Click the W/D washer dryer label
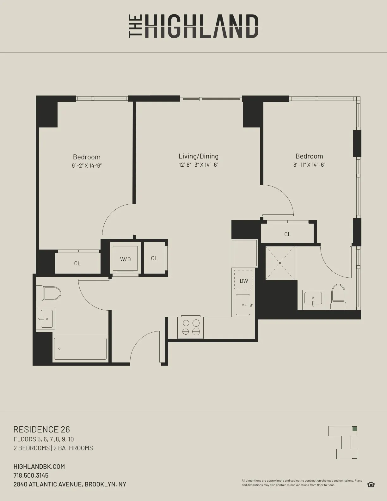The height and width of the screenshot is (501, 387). click(x=125, y=259)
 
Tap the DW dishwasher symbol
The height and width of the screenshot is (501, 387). click(x=243, y=281)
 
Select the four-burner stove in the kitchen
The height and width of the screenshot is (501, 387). click(x=191, y=327)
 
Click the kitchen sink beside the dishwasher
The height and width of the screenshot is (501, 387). click(x=243, y=305)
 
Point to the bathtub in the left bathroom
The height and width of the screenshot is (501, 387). click(x=80, y=349)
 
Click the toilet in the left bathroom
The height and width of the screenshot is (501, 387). click(x=48, y=293)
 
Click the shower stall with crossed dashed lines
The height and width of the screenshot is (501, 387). click(x=280, y=263)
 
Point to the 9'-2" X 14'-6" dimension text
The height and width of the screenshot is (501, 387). click(x=87, y=166)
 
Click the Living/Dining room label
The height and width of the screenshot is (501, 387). click(x=199, y=156)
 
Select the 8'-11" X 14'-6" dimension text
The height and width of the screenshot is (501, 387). click(x=309, y=165)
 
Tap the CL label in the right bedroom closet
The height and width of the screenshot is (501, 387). click(x=287, y=234)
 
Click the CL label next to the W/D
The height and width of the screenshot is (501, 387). click(x=154, y=258)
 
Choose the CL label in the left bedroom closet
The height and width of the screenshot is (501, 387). click(x=77, y=263)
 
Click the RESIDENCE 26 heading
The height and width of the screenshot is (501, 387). click(x=41, y=430)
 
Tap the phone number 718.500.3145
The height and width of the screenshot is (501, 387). click(x=31, y=475)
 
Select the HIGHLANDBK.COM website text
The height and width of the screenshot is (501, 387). click(x=39, y=467)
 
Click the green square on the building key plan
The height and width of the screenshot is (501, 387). click(x=354, y=429)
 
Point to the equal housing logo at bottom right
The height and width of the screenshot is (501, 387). click(x=371, y=485)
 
